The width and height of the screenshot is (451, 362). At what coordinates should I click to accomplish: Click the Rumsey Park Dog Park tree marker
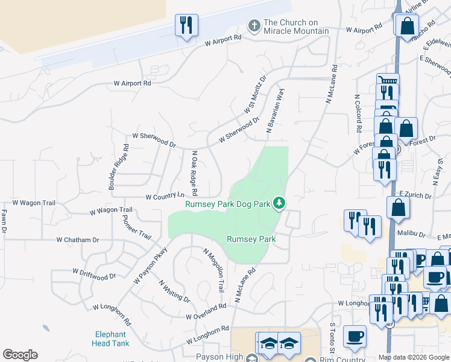point(279,203)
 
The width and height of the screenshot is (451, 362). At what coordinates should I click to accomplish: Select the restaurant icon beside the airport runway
point(185,25)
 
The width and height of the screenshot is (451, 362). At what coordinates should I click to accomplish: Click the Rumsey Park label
point(251,239)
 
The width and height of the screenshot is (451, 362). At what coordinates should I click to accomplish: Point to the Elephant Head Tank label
point(110,338)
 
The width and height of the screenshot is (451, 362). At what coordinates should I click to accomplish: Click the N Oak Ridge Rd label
point(195,173)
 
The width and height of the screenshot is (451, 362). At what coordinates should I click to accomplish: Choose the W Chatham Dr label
point(78,240)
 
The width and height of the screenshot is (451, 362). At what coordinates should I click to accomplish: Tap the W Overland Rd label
point(206,311)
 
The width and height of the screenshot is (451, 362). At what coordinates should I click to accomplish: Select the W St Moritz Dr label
point(255,94)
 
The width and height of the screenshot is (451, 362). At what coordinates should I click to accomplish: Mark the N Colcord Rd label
point(358,112)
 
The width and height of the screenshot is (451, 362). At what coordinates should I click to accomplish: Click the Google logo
point(20,355)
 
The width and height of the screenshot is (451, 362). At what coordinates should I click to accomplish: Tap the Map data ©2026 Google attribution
point(414,357)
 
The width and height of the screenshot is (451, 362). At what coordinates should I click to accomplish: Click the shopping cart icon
point(388,82)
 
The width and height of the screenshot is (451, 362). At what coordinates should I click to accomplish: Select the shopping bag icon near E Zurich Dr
point(399,207)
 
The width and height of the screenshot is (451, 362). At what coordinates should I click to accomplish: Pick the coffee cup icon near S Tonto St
point(355,335)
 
